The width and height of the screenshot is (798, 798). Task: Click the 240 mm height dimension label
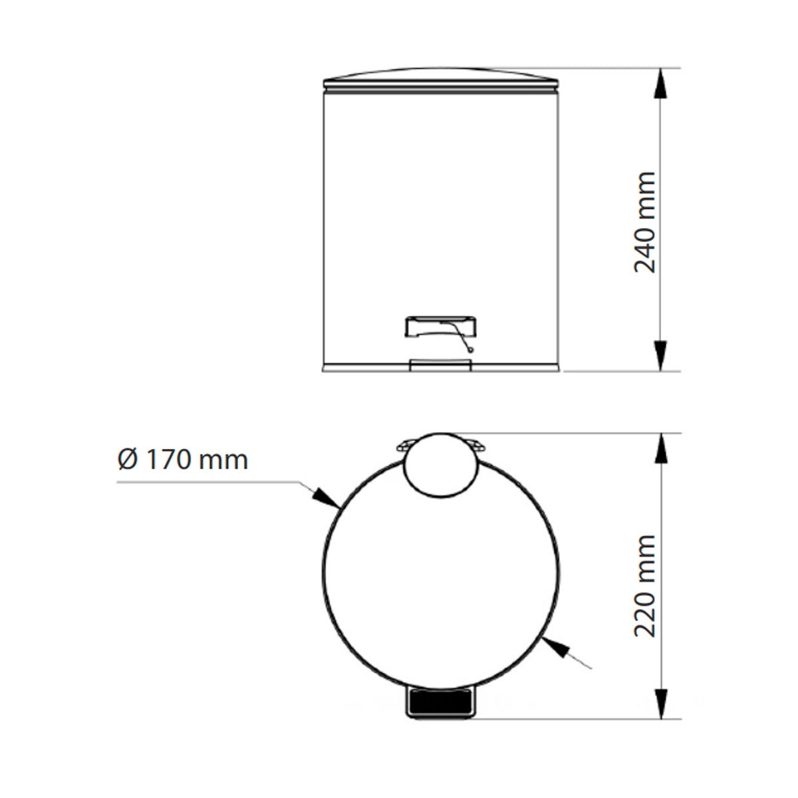[x=646, y=222]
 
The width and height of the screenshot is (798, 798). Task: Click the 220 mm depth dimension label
[x=646, y=585]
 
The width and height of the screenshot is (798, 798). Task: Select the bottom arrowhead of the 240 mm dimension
[x=660, y=355]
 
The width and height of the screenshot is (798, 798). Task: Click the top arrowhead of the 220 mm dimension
[x=660, y=450]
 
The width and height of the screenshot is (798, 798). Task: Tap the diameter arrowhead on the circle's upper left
[x=325, y=497]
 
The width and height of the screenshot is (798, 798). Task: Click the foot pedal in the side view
[x=440, y=327]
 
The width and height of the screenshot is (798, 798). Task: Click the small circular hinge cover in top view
[x=441, y=462]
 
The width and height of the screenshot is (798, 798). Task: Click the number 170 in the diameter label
[x=167, y=460]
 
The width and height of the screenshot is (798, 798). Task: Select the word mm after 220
[x=646, y=555]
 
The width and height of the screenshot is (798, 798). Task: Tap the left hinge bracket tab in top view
[x=404, y=444]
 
